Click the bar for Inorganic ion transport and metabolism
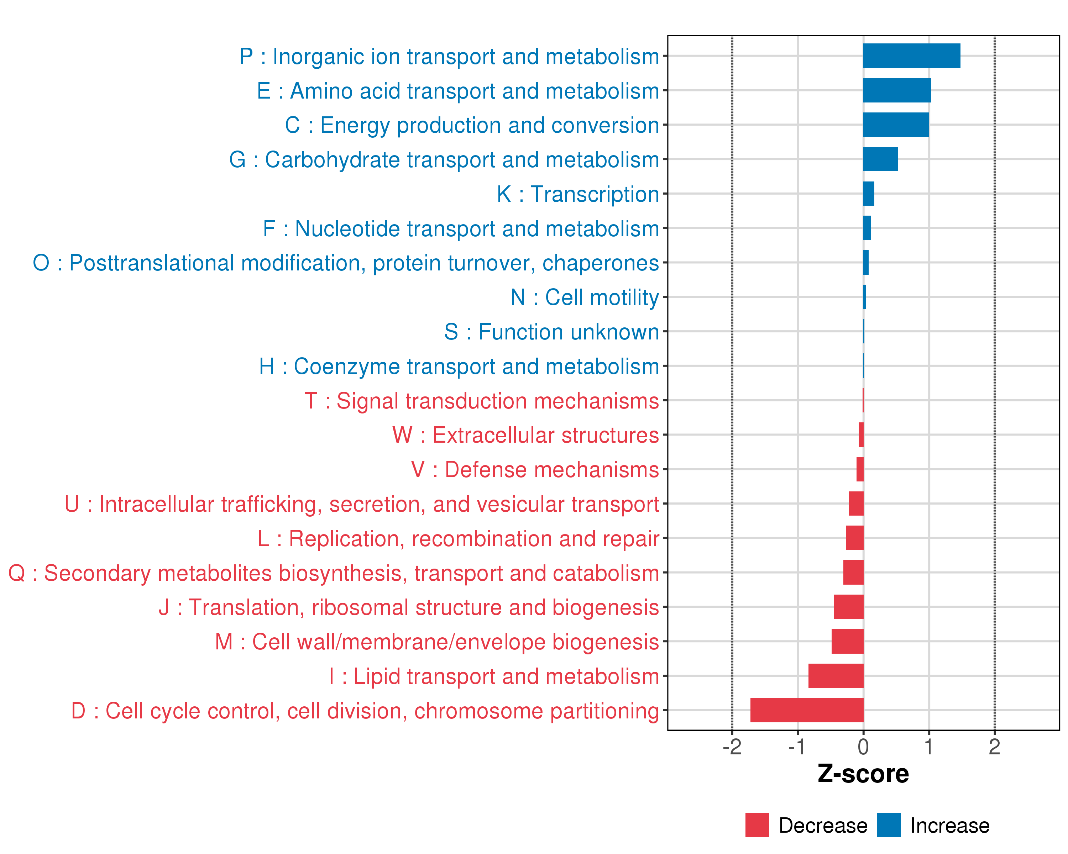pos(911,56)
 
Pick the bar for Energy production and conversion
pos(896,125)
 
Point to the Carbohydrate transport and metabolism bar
pos(880,159)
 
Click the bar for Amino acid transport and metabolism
pos(897,90)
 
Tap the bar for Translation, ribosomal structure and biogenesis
pos(849,607)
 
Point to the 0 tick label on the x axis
pos(863,747)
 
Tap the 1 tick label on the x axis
pos(929,747)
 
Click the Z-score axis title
pos(863,774)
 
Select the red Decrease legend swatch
pos(757,825)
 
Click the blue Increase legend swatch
pos(889,825)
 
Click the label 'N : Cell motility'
pos(585,297)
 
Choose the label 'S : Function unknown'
pos(551,332)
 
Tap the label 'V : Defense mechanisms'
pos(535,469)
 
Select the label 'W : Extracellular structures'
pos(525,435)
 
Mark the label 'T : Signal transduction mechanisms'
pos(482,401)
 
